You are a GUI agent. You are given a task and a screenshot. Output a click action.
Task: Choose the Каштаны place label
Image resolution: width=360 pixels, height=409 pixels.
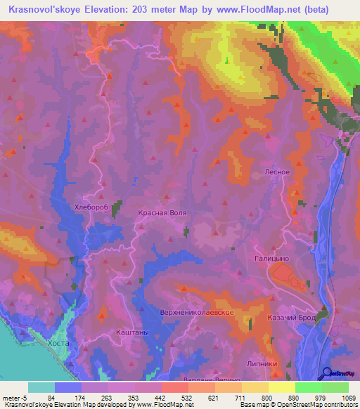coord(131,330)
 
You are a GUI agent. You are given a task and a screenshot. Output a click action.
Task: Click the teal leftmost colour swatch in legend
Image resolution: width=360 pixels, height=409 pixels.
coord(41,387)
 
